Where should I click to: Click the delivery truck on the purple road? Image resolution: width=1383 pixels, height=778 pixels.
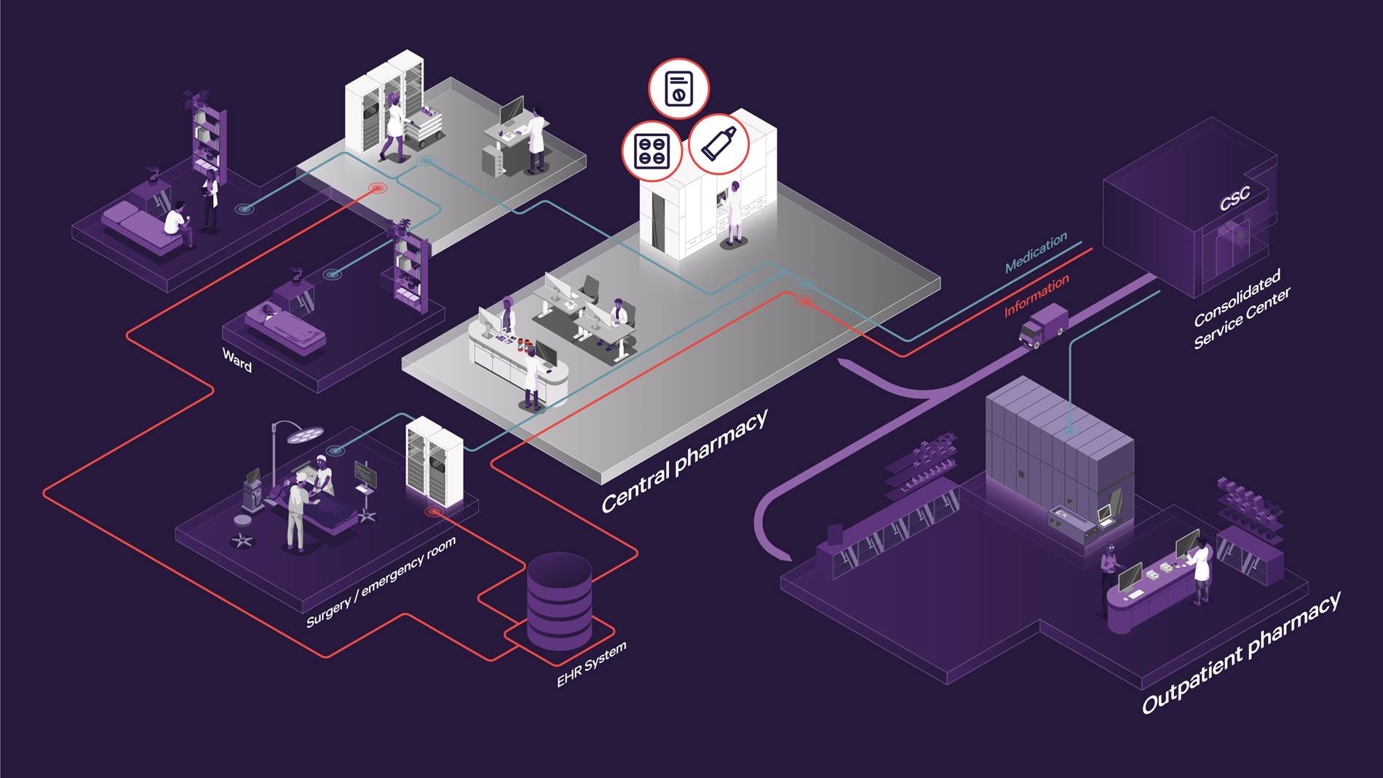[1044, 325]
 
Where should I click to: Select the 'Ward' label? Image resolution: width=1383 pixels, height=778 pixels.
[237, 360]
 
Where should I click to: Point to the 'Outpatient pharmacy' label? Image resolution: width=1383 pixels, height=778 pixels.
[1240, 654]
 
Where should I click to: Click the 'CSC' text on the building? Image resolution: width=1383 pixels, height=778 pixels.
[1235, 198]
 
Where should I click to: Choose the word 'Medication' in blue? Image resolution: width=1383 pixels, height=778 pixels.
[1036, 252]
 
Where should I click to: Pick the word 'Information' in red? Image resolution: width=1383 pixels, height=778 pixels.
[1037, 295]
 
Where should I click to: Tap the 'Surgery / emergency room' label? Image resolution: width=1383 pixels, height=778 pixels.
[381, 582]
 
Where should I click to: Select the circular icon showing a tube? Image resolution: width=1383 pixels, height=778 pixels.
[719, 143]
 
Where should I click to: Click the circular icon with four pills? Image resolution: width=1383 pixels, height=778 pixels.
[651, 151]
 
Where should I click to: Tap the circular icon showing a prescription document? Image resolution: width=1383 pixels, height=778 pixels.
[678, 89]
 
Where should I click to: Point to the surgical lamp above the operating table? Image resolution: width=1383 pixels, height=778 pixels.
[304, 434]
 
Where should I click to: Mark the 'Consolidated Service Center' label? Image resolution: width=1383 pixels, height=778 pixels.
[1240, 309]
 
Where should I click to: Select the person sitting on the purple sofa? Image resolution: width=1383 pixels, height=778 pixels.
[175, 218]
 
